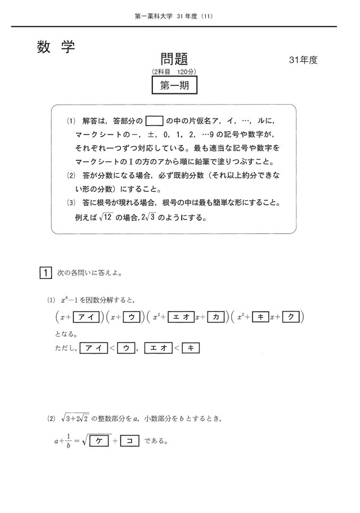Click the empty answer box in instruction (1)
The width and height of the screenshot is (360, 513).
[x=154, y=121]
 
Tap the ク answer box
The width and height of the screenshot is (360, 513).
[x=291, y=318]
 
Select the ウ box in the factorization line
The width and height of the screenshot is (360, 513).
[x=130, y=318]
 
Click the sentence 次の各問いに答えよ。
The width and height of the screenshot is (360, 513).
[x=91, y=274]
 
